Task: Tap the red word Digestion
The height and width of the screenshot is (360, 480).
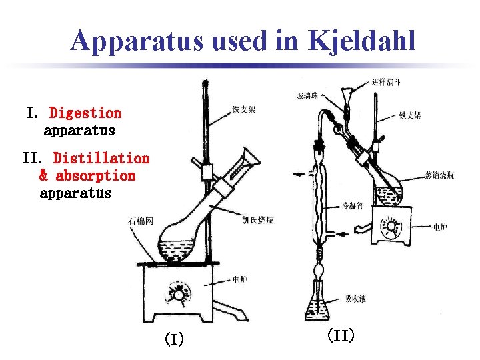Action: pyautogui.click(x=85, y=113)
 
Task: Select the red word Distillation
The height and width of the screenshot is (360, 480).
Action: pyautogui.click(x=101, y=158)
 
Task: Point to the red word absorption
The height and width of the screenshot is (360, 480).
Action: pyautogui.click(x=95, y=176)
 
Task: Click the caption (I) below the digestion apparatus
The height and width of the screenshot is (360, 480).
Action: pyautogui.click(x=174, y=340)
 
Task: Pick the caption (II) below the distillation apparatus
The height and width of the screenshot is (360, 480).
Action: pyautogui.click(x=340, y=335)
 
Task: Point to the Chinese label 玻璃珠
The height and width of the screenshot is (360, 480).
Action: pyautogui.click(x=308, y=97)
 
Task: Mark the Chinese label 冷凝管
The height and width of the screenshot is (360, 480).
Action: pyautogui.click(x=351, y=206)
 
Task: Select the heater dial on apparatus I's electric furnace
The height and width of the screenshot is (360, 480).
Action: pyautogui.click(x=179, y=292)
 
